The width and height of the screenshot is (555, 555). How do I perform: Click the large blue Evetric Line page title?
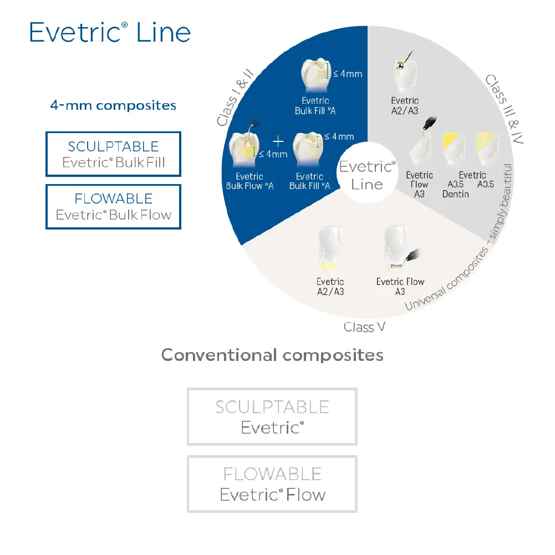pos(110,32)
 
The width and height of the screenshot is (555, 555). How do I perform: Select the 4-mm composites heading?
pos(113,105)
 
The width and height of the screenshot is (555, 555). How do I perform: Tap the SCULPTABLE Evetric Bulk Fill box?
pos(113,154)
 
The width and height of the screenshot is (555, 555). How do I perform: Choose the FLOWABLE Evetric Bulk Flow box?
pos(113,206)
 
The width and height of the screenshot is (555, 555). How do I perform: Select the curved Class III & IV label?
pos(505,109)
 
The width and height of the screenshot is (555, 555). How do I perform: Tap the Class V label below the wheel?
pos(364,327)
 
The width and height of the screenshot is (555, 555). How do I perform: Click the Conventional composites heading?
pos(272,355)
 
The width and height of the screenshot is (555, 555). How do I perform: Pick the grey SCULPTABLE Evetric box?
pos(272,416)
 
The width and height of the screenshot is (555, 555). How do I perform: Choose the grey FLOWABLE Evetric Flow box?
pos(272,484)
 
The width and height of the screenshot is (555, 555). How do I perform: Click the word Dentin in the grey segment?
pos(456,194)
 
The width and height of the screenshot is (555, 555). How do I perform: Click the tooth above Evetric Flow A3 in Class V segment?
pos(398,247)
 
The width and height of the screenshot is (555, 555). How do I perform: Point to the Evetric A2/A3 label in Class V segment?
pos(330,287)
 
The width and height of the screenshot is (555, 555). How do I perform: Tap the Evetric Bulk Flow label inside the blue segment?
pos(250,181)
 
